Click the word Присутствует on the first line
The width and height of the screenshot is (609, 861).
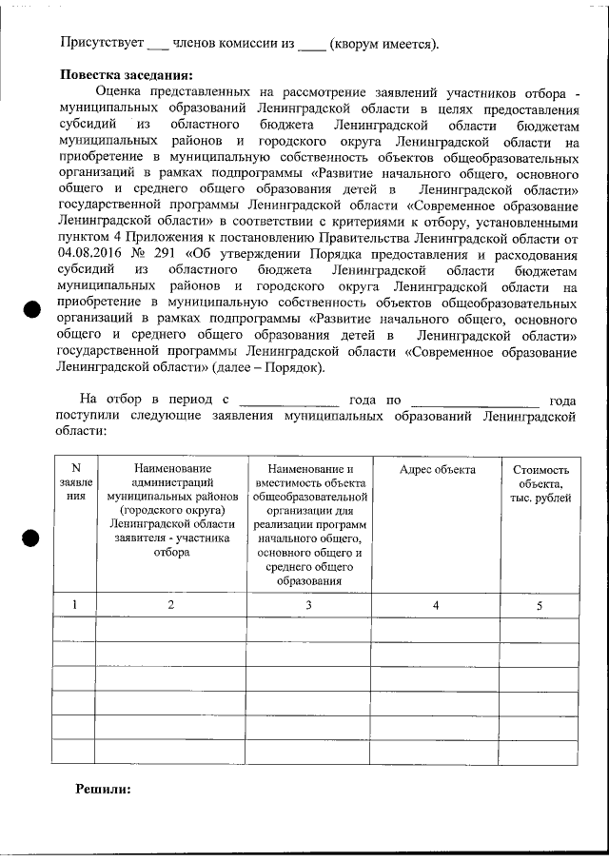click(101, 44)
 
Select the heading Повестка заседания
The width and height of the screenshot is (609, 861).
click(127, 75)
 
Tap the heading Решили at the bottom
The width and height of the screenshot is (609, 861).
click(102, 789)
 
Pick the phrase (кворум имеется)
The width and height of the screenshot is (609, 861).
click(383, 44)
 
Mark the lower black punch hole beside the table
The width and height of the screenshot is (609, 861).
click(30, 538)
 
